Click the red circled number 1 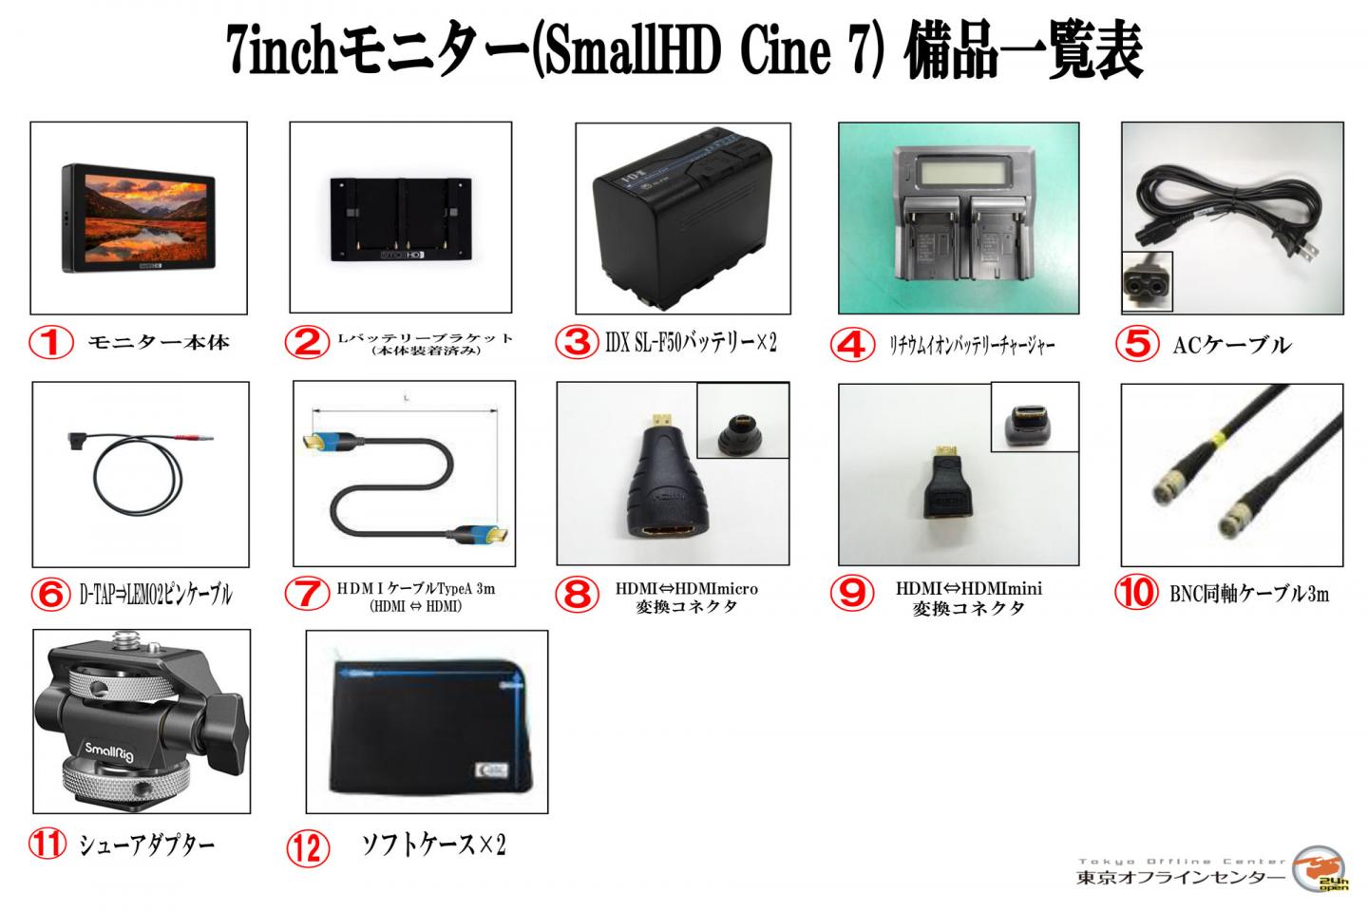click(51, 341)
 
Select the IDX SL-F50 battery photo click(682, 220)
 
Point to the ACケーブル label click(1232, 345)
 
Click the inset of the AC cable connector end click(1147, 282)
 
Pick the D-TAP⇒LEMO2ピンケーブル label click(156, 595)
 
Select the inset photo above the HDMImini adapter click(1034, 416)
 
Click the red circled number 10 click(1136, 594)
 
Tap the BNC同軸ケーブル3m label click(1248, 595)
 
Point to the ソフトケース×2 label click(433, 845)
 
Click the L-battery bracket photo click(400, 218)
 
